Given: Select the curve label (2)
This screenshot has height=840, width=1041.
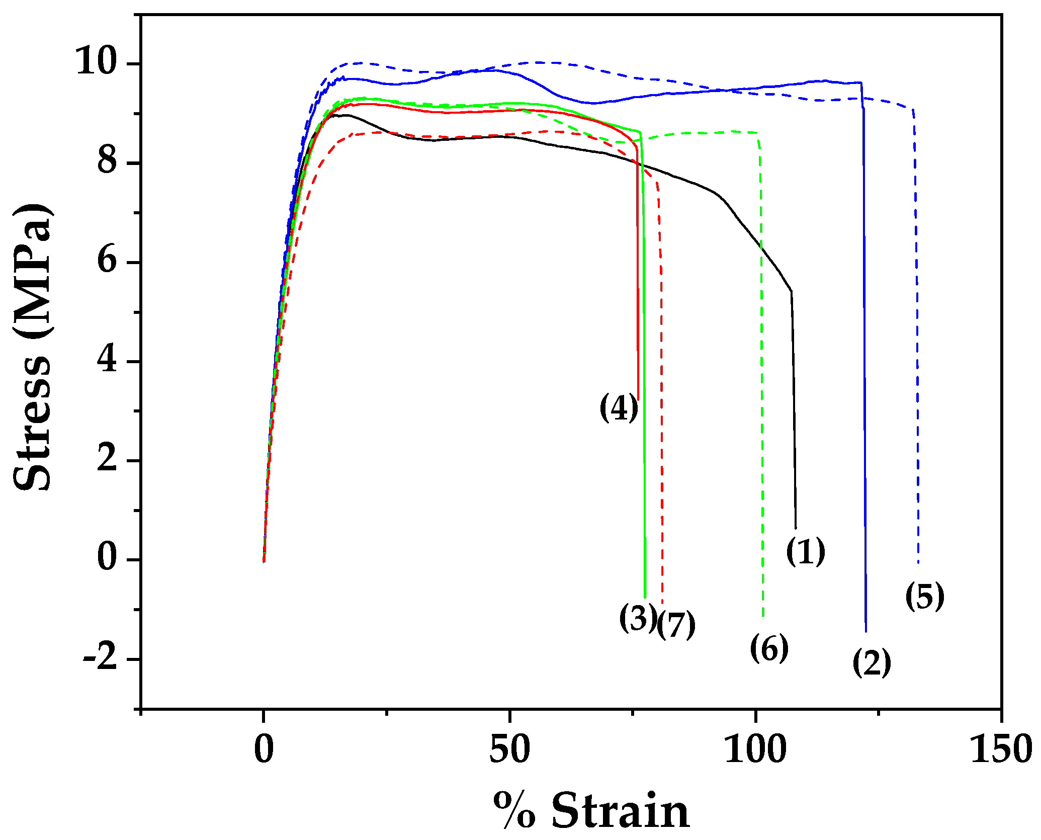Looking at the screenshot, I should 872,662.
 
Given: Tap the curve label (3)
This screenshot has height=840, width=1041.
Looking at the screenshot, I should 638,618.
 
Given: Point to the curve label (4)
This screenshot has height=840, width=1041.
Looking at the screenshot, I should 619,407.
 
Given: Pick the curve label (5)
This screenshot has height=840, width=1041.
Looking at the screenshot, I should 924,597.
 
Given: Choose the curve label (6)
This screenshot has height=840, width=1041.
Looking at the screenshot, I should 769,648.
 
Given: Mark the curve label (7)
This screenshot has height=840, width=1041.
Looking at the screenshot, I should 677,625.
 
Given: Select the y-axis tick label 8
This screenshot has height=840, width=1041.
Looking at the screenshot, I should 107,162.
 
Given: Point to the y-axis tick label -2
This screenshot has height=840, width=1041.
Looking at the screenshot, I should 100,658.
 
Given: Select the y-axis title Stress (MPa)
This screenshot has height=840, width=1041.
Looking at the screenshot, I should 32,347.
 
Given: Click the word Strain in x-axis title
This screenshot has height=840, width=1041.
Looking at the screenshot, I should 620,811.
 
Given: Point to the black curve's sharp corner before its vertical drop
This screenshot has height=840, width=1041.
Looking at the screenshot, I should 792,291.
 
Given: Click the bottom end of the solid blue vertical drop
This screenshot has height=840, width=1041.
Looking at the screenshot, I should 866,631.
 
